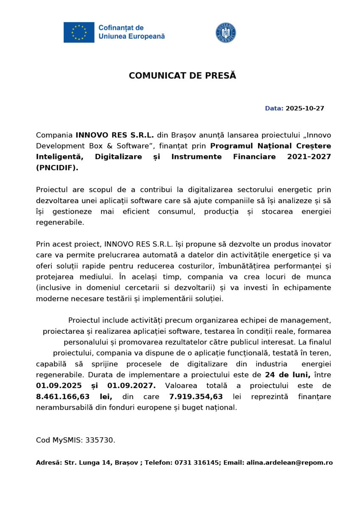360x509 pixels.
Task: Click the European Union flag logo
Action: coord(79,32)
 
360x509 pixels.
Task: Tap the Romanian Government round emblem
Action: coord(226,33)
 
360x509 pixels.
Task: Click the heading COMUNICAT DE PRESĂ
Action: coord(182,76)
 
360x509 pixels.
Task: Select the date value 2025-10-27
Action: coord(305,109)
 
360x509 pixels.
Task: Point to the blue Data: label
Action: coord(274,109)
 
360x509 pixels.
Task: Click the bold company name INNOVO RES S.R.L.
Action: coord(115,135)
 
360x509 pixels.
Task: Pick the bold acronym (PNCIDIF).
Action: coord(57,168)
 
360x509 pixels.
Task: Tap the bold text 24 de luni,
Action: coord(287,375)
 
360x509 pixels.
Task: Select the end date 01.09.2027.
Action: coord(131,386)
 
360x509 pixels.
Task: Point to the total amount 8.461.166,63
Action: coord(62,397)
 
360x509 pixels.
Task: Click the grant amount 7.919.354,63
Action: coord(196,397)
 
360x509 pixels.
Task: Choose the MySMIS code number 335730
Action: coord(100,440)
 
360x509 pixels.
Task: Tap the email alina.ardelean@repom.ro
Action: coord(290,463)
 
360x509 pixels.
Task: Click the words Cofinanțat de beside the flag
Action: coord(121,28)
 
